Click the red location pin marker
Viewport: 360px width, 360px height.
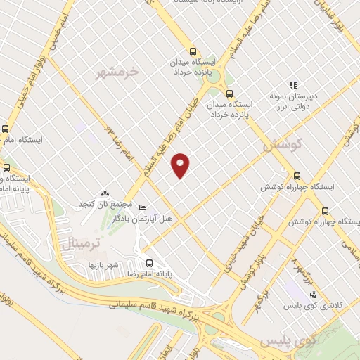181,165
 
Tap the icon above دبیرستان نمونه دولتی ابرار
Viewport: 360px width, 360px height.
292,85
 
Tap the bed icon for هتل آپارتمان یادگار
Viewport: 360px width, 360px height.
143,208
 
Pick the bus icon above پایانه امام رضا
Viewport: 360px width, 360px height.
148,264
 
